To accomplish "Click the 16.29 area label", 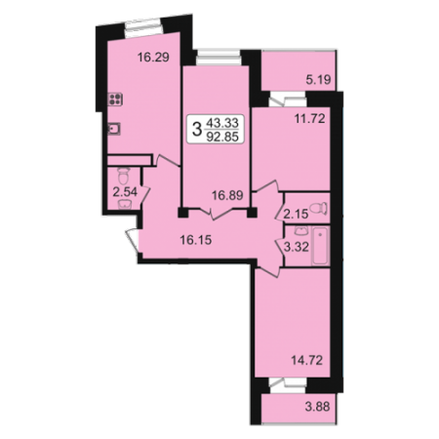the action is [153, 58].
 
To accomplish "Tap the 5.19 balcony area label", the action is [318, 79].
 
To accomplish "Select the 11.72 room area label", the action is [309, 119].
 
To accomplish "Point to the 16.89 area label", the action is [227, 195].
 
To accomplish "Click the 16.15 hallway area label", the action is [196, 240].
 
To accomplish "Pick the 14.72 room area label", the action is [306, 360].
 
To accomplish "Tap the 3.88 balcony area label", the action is [317, 407].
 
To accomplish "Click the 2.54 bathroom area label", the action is [125, 192].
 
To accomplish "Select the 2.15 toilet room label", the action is [296, 214].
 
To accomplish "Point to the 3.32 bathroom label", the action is [297, 247].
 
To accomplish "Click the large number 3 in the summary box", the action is [196, 129].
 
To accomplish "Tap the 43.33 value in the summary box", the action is [222, 123].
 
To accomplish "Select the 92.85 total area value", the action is [222, 137].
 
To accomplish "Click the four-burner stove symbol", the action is [115, 99].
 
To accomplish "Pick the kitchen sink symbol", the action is [114, 129].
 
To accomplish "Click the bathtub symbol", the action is [320, 246].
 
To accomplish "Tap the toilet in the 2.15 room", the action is [320, 208].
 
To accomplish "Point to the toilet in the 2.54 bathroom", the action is [123, 176].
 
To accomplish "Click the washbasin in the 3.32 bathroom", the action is [299, 230].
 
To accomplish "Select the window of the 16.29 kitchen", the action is [143, 28].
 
